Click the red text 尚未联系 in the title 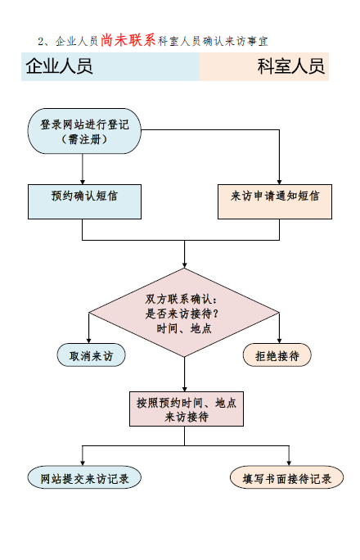[x=128, y=39]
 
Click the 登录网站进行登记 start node [x=83, y=131]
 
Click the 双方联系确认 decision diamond [x=184, y=313]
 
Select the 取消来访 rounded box [x=90, y=356]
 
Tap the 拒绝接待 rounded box [x=277, y=356]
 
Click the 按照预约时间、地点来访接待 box [x=187, y=409]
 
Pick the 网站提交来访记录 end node [x=84, y=478]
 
